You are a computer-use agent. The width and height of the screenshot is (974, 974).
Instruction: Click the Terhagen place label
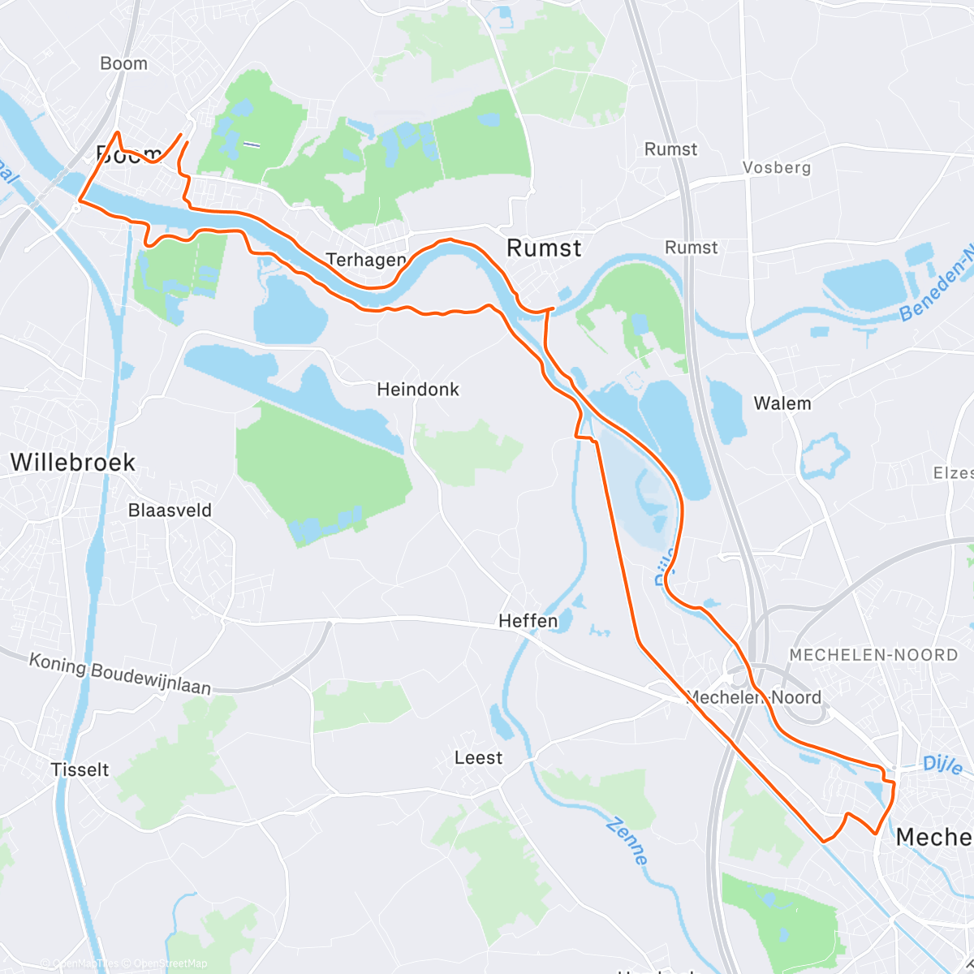pyautogui.click(x=365, y=260)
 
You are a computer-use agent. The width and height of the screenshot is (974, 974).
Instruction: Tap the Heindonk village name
pyautogui.click(x=418, y=390)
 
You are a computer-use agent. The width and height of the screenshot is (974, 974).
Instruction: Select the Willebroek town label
pyautogui.click(x=73, y=463)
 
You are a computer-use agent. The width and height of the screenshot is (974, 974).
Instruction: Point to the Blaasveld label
pyautogui.click(x=170, y=511)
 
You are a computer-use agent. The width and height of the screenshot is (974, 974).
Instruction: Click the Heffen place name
pyautogui.click(x=528, y=621)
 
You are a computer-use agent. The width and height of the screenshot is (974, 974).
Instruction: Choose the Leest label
pyautogui.click(x=478, y=758)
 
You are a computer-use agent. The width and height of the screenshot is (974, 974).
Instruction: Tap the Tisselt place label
pyautogui.click(x=80, y=769)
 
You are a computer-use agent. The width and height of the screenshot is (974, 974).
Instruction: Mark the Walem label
pyautogui.click(x=782, y=403)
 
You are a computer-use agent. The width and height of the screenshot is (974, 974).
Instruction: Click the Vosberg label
pyautogui.click(x=777, y=167)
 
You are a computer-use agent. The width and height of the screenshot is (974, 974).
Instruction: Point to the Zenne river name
pyautogui.click(x=627, y=841)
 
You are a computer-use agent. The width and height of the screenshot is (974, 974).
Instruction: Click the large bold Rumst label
pyautogui.click(x=544, y=248)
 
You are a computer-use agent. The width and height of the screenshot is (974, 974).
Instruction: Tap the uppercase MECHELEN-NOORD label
pyautogui.click(x=873, y=655)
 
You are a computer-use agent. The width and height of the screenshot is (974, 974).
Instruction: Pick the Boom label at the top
pyautogui.click(x=123, y=63)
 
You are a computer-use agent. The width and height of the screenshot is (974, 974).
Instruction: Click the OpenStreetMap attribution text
pyautogui.click(x=170, y=963)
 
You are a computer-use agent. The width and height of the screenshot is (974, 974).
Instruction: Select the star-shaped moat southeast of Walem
pyautogui.click(x=825, y=456)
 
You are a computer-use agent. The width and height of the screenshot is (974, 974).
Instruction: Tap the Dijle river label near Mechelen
pyautogui.click(x=942, y=765)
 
